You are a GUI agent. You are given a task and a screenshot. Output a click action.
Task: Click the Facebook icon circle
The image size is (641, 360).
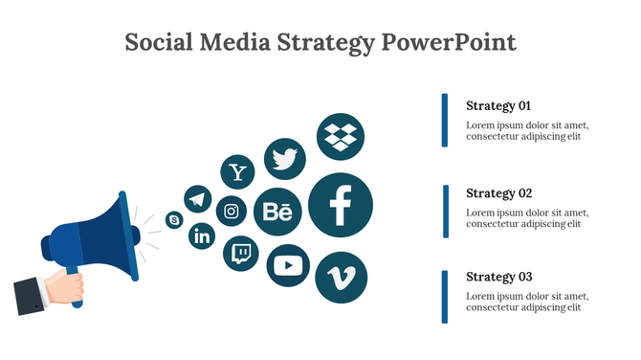(340, 205)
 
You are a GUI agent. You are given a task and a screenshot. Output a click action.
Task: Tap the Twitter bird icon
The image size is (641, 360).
(284, 159)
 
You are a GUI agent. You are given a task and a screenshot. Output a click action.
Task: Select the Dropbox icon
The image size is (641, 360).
(341, 136)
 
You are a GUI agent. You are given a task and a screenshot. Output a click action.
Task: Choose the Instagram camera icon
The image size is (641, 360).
(232, 211)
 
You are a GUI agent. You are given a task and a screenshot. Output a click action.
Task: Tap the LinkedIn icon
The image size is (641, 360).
(203, 236)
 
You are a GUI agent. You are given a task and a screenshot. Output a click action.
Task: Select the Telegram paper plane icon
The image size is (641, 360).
(198, 199)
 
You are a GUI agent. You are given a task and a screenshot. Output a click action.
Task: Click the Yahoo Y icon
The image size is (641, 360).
(238, 172)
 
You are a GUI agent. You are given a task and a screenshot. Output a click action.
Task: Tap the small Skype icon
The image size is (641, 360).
(174, 220)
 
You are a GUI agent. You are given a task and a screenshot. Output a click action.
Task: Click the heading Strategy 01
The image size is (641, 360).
(497, 106)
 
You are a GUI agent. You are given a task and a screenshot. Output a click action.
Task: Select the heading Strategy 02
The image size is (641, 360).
(498, 193)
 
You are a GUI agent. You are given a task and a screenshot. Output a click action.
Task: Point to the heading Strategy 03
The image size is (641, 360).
(498, 277)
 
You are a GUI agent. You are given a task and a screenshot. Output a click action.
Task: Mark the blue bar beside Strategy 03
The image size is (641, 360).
(445, 296)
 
